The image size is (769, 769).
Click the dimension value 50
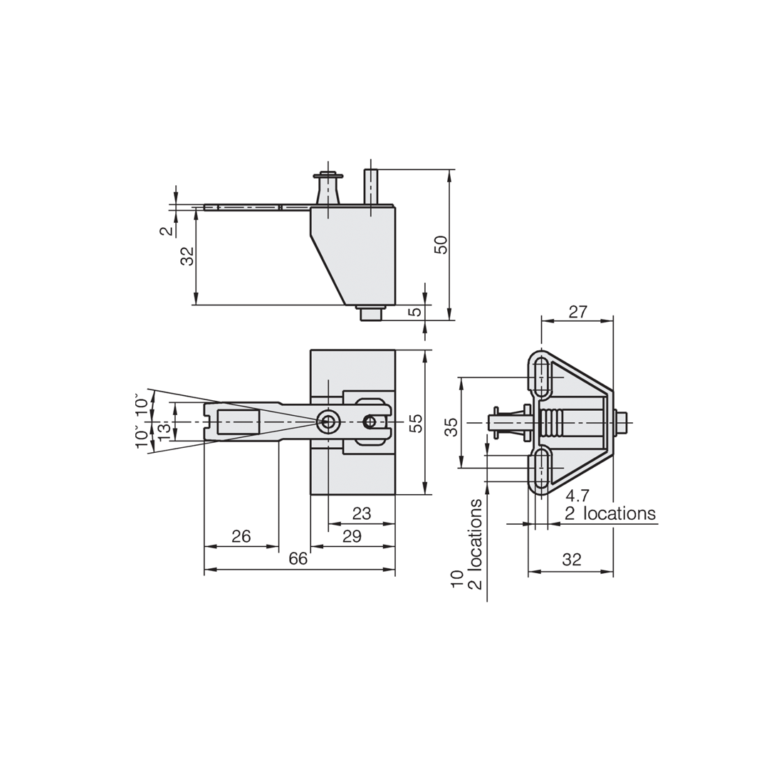coord(441,244)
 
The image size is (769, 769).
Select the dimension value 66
coord(298,559)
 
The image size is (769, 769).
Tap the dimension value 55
coord(417,423)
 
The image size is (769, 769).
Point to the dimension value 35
coord(451,427)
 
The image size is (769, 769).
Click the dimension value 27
coord(577,312)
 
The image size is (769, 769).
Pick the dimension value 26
coord(241,535)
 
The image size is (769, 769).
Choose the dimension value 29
coord(352,536)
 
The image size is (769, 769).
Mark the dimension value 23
coord(362,513)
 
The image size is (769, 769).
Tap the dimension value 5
coord(415,312)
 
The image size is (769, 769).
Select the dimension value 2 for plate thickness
coord(166,231)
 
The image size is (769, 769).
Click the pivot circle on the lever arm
coord(328,422)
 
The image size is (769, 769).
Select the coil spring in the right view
coord(552,422)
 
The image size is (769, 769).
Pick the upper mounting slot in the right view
coord(541,377)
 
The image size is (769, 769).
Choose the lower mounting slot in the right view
coord(541,467)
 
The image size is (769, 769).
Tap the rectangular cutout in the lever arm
coord(238,422)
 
